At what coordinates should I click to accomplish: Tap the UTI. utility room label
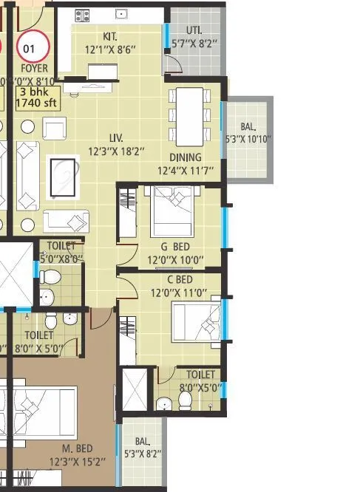click(x=194, y=30)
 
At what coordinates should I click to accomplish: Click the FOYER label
click(x=33, y=69)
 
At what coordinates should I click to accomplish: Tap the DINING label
click(x=185, y=157)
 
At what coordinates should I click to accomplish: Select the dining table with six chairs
click(x=187, y=117)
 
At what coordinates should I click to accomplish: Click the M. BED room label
click(x=76, y=448)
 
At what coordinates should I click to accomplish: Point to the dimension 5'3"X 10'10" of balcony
click(x=248, y=139)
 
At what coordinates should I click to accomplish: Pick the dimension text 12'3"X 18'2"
click(x=116, y=151)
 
